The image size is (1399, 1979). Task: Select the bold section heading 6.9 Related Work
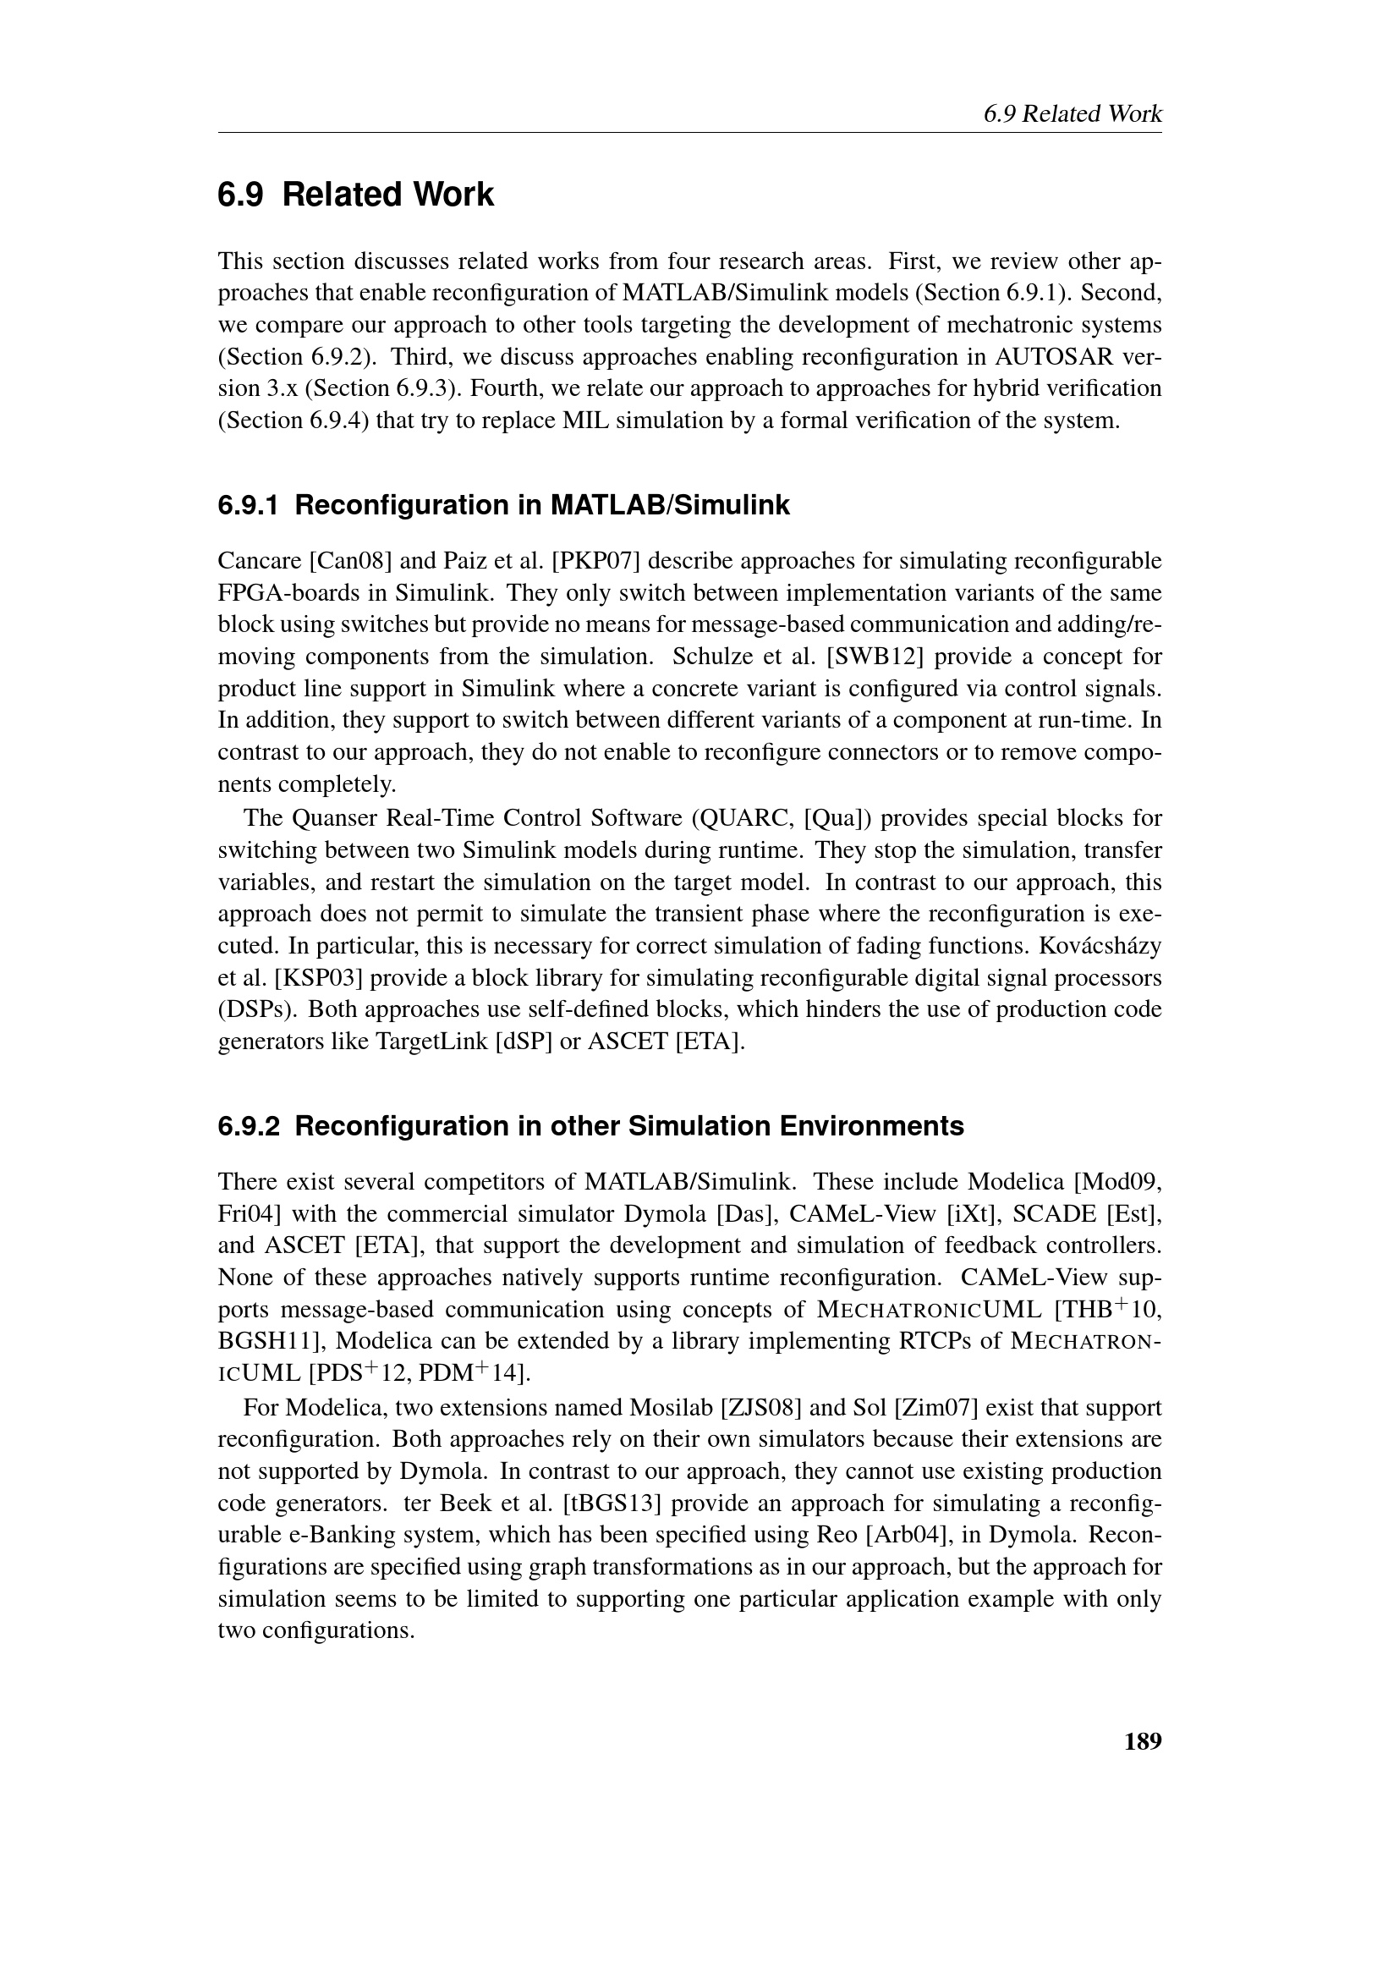click(356, 195)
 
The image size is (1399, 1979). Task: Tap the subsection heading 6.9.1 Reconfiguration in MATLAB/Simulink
click(503, 505)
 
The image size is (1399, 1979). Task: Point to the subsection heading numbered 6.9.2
click(590, 1125)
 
